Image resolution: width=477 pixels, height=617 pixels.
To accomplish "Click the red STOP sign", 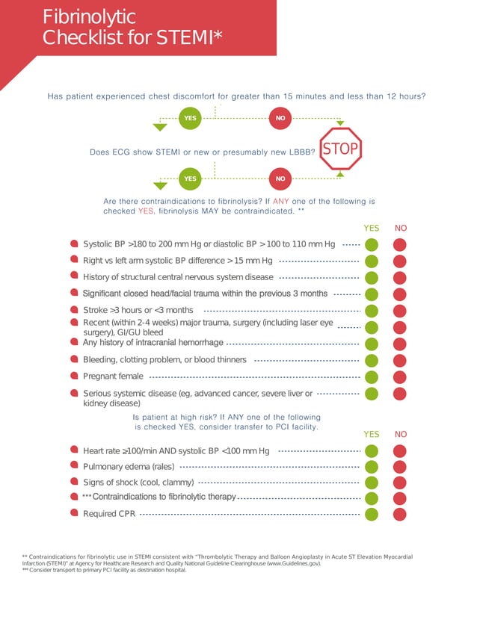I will click(340, 149).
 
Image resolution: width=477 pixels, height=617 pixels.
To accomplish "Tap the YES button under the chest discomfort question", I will click(191, 118).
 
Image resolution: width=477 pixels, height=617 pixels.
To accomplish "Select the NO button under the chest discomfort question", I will click(280, 118).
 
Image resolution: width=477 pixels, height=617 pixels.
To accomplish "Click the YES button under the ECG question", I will click(191, 179).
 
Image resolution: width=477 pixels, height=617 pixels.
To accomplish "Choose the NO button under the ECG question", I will click(280, 179).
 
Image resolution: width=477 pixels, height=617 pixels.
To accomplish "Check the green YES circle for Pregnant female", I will click(372, 376).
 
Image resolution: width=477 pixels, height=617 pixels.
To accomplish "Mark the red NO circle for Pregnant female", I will click(400, 376).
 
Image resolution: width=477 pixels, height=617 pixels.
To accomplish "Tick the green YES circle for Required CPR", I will click(372, 514).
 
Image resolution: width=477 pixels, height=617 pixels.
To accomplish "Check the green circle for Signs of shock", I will click(372, 483).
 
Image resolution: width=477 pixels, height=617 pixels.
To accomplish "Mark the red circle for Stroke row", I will click(400, 310).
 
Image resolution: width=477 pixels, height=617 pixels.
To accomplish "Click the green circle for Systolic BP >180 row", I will click(372, 244).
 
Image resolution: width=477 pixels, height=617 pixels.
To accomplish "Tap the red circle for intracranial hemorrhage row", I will click(400, 344).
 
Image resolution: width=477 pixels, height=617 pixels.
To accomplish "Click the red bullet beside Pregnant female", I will click(74, 376).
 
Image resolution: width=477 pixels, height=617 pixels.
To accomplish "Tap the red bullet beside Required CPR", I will click(74, 513).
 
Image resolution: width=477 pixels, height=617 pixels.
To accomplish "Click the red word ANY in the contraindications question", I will click(281, 202).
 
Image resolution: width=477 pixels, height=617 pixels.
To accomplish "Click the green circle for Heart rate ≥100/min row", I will click(372, 450).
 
